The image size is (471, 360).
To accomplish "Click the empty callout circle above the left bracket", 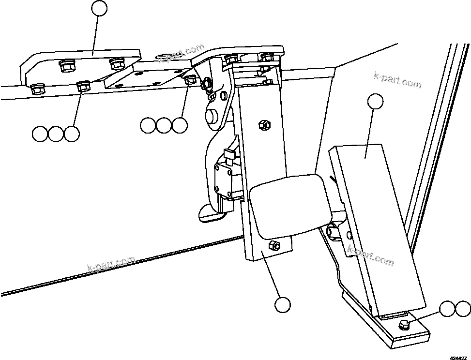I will coord(100,8).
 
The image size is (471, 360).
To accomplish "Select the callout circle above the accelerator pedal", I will coord(375,101).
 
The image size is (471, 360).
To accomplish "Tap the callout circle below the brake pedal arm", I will coord(282,304).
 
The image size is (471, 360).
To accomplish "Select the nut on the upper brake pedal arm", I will coord(264,124).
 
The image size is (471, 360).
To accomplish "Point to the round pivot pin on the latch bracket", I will coord(212,116).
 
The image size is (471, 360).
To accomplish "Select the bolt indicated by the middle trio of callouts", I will coord(191,79).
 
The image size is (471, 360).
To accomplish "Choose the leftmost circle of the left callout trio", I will coord(41,134).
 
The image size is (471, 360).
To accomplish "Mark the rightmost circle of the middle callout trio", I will coord(180,125).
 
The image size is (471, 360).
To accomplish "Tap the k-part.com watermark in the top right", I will coord(398,80).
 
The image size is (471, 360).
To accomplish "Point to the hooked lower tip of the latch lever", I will coord(208,212).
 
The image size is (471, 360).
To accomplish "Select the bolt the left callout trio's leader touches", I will coord(83,87).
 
